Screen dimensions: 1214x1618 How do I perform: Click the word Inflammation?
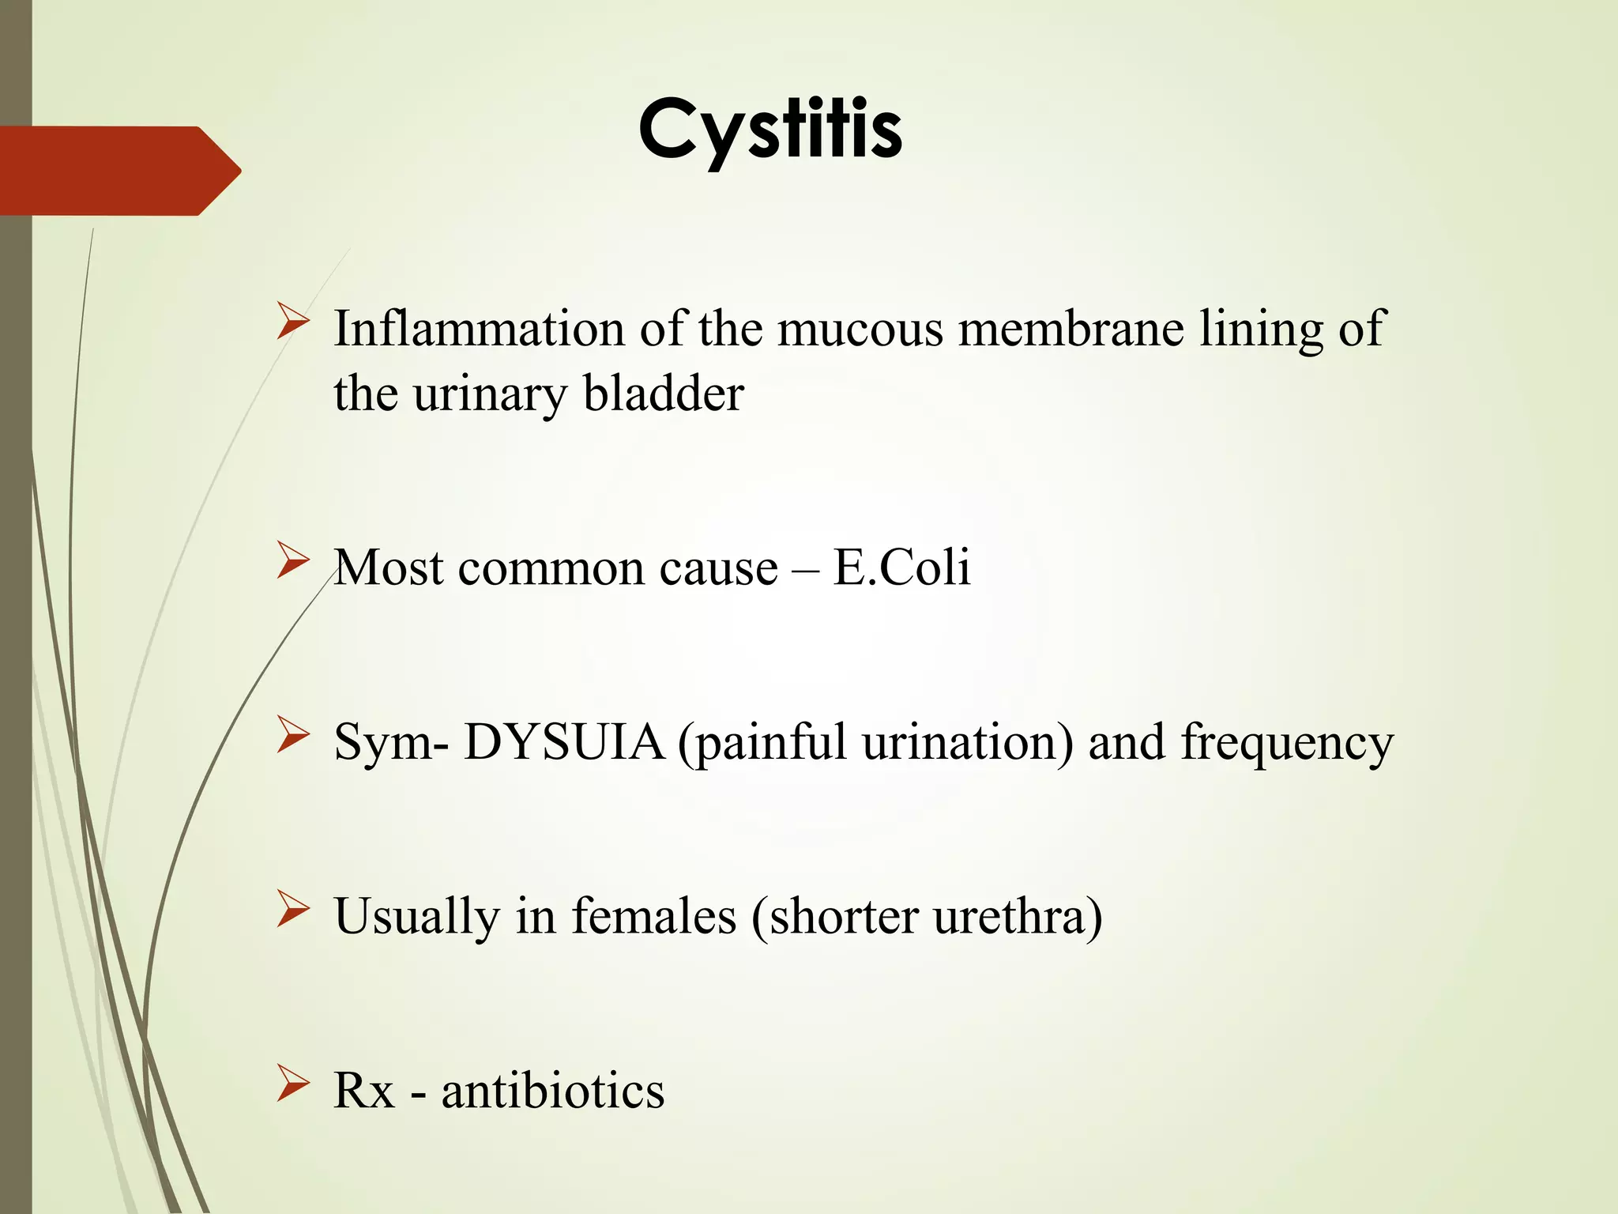click(479, 329)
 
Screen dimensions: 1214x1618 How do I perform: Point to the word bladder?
click(663, 393)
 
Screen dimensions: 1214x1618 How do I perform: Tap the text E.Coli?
click(901, 567)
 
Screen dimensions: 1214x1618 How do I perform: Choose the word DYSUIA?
click(564, 742)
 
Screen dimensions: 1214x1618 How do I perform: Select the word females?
click(653, 916)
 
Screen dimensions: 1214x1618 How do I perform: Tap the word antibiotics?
click(553, 1091)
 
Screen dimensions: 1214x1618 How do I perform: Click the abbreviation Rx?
click(363, 1091)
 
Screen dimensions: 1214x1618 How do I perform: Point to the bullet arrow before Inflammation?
click(292, 325)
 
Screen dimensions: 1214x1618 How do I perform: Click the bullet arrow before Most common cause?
click(292, 564)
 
